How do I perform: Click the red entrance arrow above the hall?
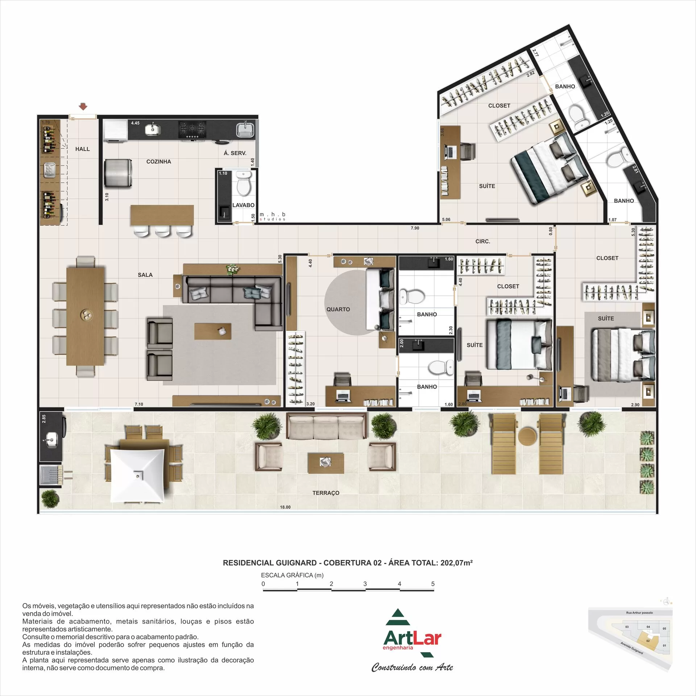[x=83, y=107]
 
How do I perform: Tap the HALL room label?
[x=82, y=149]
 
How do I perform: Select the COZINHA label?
[x=158, y=162]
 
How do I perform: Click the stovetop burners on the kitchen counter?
[x=192, y=129]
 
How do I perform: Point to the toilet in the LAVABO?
[x=243, y=185]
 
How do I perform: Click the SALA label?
[x=145, y=275]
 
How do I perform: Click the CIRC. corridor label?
[x=482, y=241]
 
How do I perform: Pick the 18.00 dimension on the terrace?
[x=285, y=507]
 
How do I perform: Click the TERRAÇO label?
[x=326, y=493]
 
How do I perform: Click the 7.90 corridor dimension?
[x=415, y=228]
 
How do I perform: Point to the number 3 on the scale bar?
[x=365, y=584]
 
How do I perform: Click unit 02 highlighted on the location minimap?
[x=647, y=651]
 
